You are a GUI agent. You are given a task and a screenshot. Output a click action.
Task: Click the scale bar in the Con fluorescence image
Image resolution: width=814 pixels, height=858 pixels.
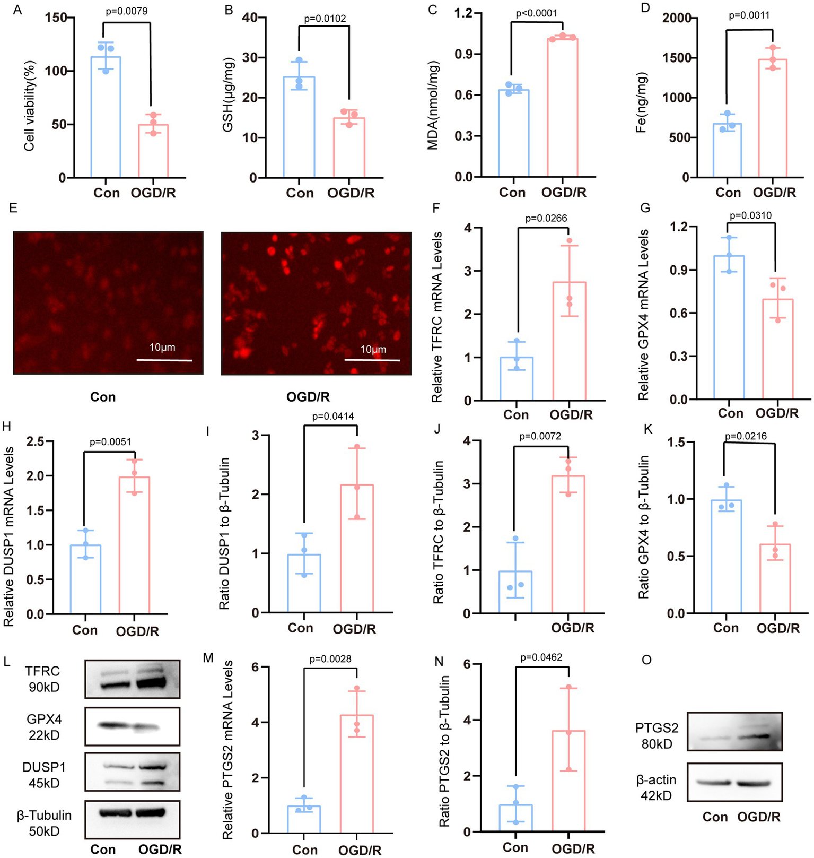[x=164, y=360]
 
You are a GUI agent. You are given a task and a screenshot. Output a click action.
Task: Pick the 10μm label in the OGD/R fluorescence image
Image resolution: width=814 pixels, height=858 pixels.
[x=373, y=349]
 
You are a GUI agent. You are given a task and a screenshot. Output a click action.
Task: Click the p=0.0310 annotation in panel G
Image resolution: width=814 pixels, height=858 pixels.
[x=750, y=215]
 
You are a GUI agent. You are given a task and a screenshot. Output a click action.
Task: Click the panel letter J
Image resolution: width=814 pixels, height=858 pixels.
[x=437, y=429]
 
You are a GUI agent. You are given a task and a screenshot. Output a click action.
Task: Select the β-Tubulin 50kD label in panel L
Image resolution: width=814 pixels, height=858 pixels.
[x=44, y=823]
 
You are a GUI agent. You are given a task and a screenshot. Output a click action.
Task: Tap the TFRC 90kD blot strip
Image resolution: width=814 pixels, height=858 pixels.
[x=132, y=679]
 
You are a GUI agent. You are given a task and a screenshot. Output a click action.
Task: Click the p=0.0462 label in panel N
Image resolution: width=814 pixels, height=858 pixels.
[x=541, y=657]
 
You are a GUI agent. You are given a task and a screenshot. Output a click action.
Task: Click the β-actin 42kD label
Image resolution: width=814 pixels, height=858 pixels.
[x=656, y=787]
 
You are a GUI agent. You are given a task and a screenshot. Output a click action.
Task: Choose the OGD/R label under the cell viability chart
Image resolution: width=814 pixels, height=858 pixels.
[x=153, y=193]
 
